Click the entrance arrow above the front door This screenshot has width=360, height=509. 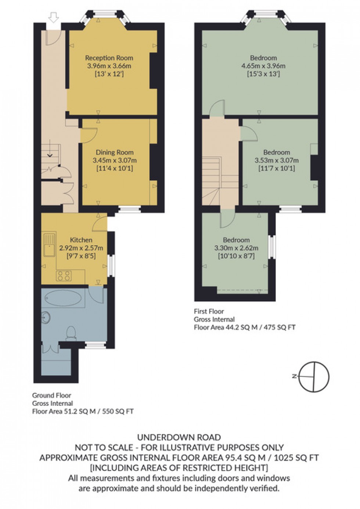(54, 17)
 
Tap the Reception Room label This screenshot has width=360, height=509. (109, 58)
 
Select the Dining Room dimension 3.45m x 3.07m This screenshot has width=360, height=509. (115, 160)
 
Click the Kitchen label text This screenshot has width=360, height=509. (81, 240)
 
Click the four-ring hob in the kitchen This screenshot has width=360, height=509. (64, 276)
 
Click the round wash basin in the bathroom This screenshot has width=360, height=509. (46, 317)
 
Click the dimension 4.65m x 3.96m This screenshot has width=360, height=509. (263, 66)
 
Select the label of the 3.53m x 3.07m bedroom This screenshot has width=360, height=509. (277, 152)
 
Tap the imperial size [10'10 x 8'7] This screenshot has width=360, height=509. (236, 256)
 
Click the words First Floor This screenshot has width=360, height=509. (209, 311)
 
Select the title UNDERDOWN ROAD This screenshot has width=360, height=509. (179, 437)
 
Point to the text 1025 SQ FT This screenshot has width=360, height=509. (298, 458)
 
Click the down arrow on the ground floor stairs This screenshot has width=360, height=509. (50, 155)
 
